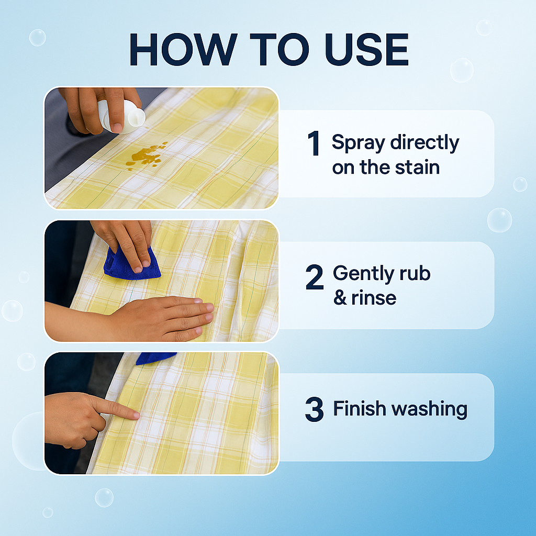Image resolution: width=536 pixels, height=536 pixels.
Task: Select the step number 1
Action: [x=314, y=144]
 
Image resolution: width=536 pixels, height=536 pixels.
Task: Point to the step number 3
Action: [x=314, y=410]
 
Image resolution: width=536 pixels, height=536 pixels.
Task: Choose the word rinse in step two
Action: [x=373, y=298]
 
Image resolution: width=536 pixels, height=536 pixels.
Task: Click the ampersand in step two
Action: [x=340, y=298]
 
